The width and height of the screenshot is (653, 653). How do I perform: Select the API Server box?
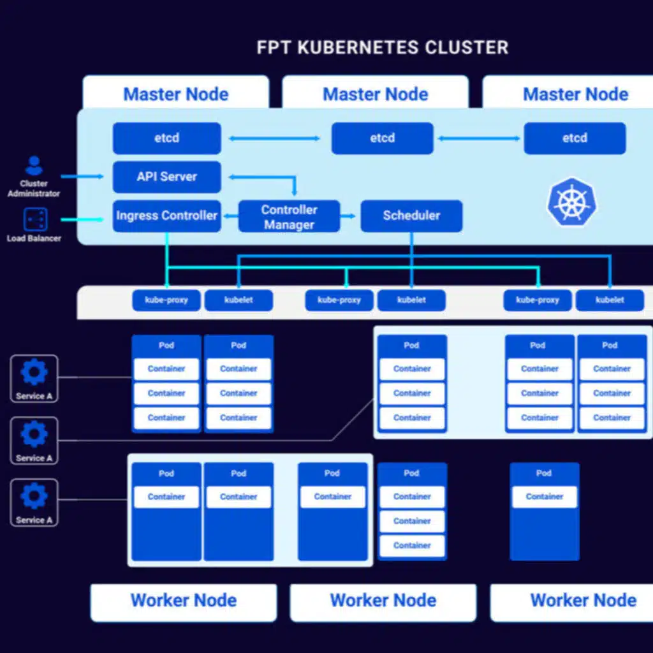(x=167, y=177)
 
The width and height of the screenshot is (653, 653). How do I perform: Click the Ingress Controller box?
(x=167, y=216)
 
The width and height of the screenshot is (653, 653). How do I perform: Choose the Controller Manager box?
(x=289, y=217)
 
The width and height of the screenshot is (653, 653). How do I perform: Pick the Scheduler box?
(x=411, y=216)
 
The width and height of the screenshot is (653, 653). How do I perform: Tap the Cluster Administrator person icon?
(x=34, y=166)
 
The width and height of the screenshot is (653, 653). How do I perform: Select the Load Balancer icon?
(x=34, y=219)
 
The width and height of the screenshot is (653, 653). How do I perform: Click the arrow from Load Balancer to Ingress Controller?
(x=82, y=220)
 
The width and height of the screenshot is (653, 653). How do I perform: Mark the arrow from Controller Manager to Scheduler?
(x=349, y=216)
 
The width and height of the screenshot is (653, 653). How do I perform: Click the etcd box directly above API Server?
(x=167, y=138)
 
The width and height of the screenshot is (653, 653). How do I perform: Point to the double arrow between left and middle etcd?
(x=275, y=138)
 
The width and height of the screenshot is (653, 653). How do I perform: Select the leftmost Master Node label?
(x=175, y=94)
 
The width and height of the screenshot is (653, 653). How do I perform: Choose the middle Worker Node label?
(x=383, y=601)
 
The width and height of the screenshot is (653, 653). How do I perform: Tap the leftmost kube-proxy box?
(x=166, y=300)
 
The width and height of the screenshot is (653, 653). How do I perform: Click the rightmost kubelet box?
(x=610, y=300)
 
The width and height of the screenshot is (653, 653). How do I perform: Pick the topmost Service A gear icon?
(x=34, y=372)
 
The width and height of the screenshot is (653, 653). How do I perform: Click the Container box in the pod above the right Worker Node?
(x=545, y=497)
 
